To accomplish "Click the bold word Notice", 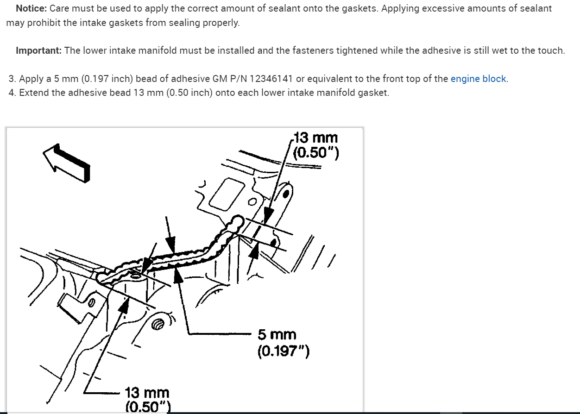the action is (x=31, y=8).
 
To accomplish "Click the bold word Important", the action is (x=38, y=50).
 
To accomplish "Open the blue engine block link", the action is (x=478, y=79).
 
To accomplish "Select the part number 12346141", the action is (x=271, y=79).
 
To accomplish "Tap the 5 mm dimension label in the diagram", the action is (x=277, y=335).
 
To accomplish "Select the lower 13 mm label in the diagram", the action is (x=147, y=393).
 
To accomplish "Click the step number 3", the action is (x=12, y=79).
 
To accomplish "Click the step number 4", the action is (x=12, y=93).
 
